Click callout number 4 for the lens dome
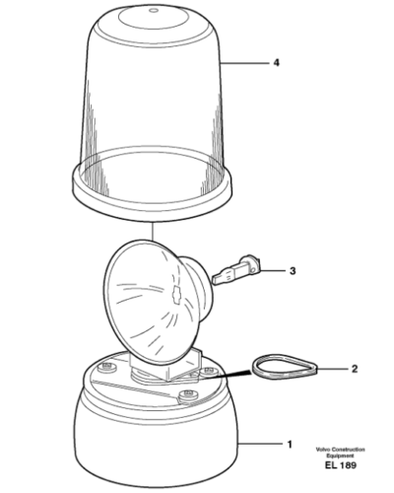tap(277, 62)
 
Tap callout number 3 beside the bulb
tap(293, 271)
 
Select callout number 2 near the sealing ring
tap(355, 369)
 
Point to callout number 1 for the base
tap(290, 445)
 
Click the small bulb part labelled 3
tap(236, 269)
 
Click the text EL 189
tap(341, 465)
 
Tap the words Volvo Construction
tap(340, 450)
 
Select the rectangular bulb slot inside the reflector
tap(177, 294)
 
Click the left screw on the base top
tap(107, 367)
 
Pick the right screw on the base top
tap(209, 372)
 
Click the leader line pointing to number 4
tap(245, 62)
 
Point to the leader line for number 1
tap(260, 445)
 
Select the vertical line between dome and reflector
tap(153, 232)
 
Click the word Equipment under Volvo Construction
tap(340, 456)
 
